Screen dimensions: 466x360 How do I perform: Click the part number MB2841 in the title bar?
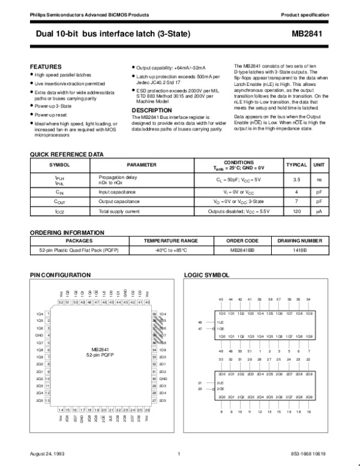[310, 35]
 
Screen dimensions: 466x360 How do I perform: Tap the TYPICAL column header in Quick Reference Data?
[296, 165]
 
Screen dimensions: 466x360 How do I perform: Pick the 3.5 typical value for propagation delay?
[296, 179]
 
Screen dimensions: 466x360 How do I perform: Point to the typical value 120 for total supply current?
[296, 211]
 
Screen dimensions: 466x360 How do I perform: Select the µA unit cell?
[320, 211]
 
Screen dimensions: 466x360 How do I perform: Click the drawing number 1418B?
[299, 249]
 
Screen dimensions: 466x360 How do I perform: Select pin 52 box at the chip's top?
[61, 302]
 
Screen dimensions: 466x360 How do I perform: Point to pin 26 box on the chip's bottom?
[147, 408]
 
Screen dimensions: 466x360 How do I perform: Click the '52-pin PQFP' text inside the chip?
[100, 355]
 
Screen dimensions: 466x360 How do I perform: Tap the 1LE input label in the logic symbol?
[220, 322]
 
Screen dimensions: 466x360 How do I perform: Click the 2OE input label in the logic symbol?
[220, 389]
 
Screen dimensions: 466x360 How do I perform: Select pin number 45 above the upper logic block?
[221, 299]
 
